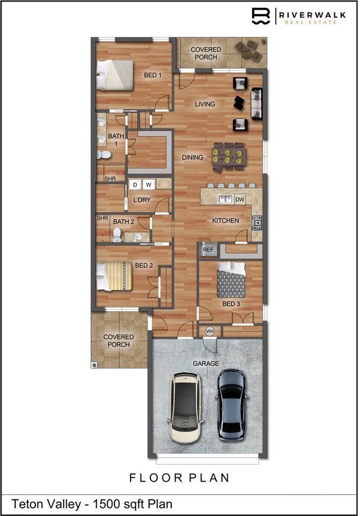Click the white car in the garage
coord(184,407)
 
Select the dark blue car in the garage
coord(231,404)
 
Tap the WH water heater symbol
coord(210,331)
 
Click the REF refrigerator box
coord(207,249)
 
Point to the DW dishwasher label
coord(240,199)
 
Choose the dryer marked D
coord(135,185)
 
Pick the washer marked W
coord(148,185)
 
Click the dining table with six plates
coord(228,156)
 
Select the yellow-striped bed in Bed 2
coord(114,276)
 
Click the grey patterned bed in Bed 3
coord(231,279)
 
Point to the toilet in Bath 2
coord(117,234)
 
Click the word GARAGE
coord(206,363)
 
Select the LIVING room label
coord(205,104)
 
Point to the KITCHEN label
coord(225,221)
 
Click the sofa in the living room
coord(257,104)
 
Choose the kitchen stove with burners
coord(257,220)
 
